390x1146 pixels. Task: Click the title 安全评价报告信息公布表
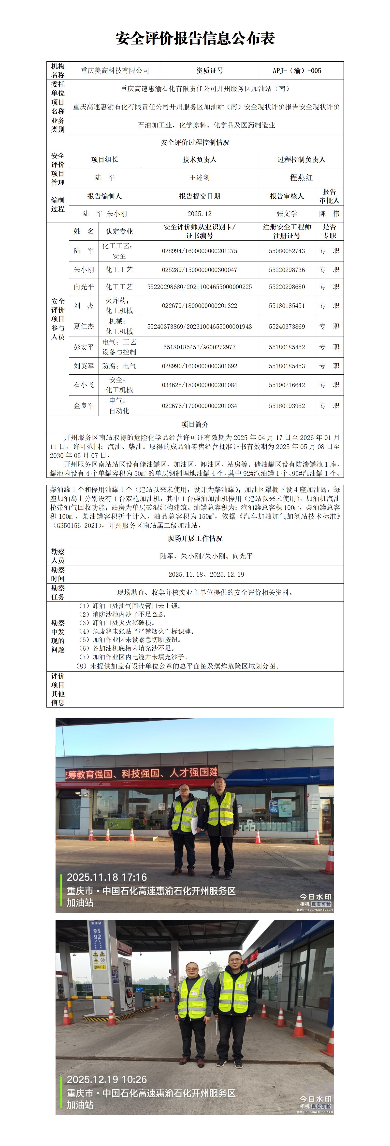tap(195, 39)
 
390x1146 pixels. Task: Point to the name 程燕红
tap(301, 177)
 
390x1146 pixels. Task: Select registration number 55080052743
tap(287, 251)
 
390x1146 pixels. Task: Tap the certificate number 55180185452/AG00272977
tap(200, 347)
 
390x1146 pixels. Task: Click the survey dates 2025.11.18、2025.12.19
tap(206, 574)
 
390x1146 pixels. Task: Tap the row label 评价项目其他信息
tap(58, 689)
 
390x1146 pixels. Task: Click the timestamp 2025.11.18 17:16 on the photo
tap(107, 877)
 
